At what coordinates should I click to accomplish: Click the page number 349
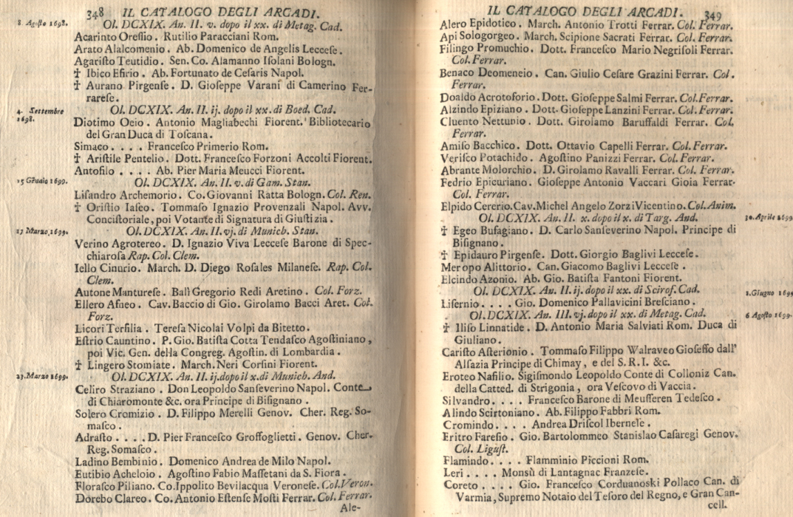point(712,14)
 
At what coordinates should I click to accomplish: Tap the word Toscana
point(171,135)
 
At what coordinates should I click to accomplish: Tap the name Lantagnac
point(551,472)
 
